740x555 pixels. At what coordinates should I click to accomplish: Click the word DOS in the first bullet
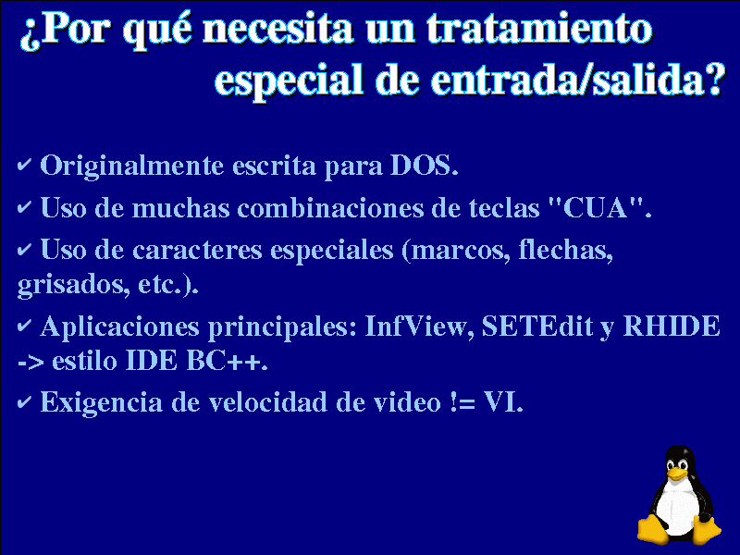[423, 166]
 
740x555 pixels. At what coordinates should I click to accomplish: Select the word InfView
[419, 327]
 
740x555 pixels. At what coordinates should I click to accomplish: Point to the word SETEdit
[536, 327]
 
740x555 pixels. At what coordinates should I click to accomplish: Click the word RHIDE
[672, 327]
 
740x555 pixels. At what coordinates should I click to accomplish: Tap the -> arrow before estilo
[31, 362]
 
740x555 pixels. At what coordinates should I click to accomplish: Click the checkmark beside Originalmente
[24, 165]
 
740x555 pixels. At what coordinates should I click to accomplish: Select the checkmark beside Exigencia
[24, 402]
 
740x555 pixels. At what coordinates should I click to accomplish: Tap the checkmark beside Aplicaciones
[24, 326]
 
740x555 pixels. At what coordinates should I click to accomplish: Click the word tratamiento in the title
[539, 29]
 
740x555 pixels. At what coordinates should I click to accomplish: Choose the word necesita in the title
[277, 30]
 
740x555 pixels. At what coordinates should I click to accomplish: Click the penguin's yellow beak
[678, 474]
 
